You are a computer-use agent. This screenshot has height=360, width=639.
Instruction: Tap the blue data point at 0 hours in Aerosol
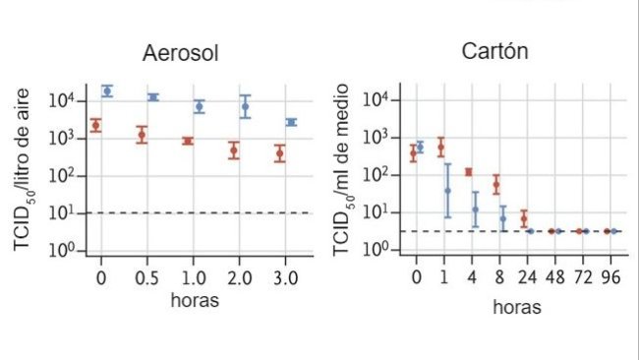(107, 90)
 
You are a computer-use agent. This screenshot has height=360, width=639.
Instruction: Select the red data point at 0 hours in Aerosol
(95, 125)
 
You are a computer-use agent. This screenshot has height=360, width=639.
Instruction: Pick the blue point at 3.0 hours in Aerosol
(292, 122)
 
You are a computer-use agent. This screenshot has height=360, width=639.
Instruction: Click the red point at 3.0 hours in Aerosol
(280, 153)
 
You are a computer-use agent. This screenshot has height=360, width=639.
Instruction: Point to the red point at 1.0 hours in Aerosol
(188, 141)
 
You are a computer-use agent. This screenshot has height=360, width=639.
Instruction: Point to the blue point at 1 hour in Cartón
(447, 190)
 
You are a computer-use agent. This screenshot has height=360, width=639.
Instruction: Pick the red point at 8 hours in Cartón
(496, 184)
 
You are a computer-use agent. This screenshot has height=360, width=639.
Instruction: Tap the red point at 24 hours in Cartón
(524, 218)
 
